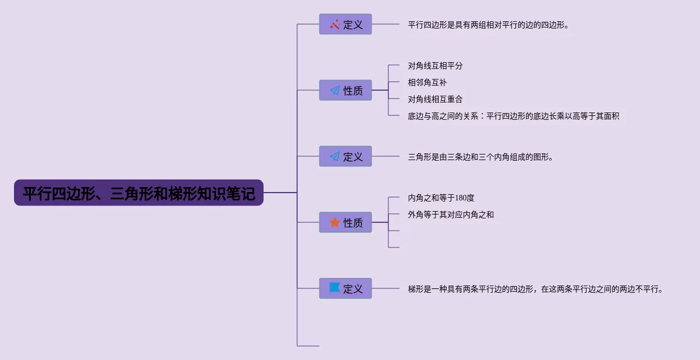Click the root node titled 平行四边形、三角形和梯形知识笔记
tap(138, 193)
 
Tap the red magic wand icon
tap(335, 25)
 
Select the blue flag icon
tap(335, 288)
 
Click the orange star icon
tap(335, 223)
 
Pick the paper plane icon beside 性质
tap(335, 91)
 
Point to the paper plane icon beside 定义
tap(335, 157)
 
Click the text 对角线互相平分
tap(435, 66)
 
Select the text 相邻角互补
tap(427, 83)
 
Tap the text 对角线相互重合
tap(435, 100)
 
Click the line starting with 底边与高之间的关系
tap(513, 116)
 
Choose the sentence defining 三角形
tap(481, 157)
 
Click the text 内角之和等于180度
tap(441, 198)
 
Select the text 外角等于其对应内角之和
tap(451, 215)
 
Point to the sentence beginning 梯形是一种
tap(535, 289)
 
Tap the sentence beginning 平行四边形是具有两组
tap(488, 25)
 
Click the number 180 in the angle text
tap(461, 198)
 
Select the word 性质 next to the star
tap(353, 223)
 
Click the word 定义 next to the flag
tap(353, 289)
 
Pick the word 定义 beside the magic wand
tap(353, 25)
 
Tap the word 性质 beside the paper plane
tap(353, 91)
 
